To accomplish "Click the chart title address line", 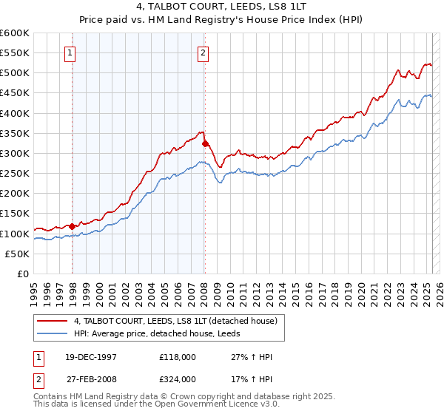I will [221, 7].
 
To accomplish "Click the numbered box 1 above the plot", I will [70, 52].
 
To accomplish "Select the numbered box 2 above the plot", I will [202, 52].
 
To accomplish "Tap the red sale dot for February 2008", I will [206, 144].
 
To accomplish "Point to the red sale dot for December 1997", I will [73, 226].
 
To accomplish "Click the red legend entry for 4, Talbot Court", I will [175, 320].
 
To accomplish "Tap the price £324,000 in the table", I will [177, 379].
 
